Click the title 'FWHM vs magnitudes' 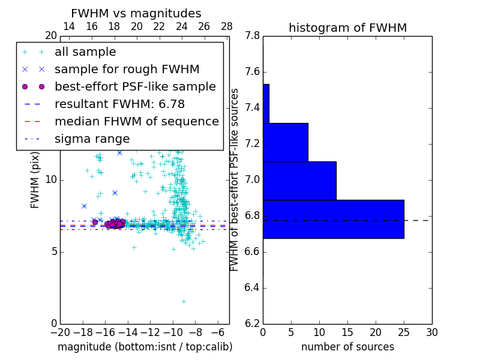(x=136, y=14)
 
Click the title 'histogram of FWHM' (x=347, y=28)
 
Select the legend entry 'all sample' (x=85, y=52)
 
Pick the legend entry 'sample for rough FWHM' (x=127, y=70)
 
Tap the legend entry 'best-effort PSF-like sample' (x=135, y=87)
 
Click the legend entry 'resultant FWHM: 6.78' (x=119, y=104)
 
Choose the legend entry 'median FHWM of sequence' (x=136, y=122)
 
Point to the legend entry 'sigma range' (x=92, y=139)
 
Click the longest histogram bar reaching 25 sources (x=333, y=219)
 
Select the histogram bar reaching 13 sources (x=299, y=181)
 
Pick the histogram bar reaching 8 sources (x=285, y=142)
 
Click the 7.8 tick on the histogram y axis (x=253, y=36)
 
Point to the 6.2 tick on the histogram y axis (x=253, y=324)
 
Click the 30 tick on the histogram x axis (x=431, y=332)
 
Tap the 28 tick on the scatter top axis (x=227, y=26)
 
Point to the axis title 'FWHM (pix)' (x=35, y=180)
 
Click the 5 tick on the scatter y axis (x=53, y=252)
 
